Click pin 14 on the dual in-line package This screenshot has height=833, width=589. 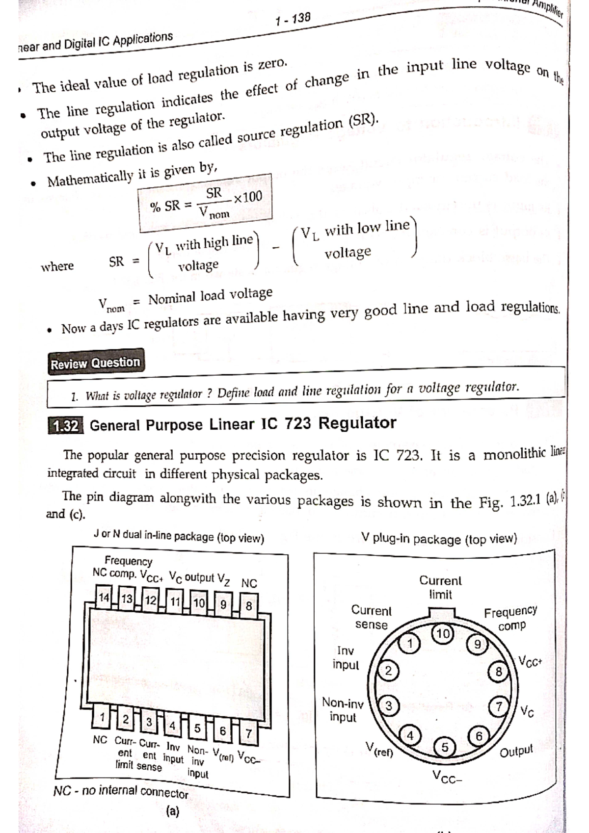[x=105, y=598]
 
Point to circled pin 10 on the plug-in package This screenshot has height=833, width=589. [x=443, y=633]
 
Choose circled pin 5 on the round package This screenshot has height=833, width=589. [x=445, y=747]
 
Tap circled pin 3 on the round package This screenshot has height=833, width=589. [x=389, y=706]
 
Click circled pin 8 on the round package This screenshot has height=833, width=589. [x=499, y=672]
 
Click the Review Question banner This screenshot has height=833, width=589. [x=96, y=364]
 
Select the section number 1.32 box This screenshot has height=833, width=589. [x=66, y=426]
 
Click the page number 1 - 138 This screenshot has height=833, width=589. [x=293, y=19]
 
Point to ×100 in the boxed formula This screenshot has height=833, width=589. [x=248, y=197]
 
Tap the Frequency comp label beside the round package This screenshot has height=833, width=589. [x=511, y=619]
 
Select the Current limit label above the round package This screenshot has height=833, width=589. [x=440, y=587]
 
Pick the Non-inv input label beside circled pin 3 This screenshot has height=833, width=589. [x=343, y=709]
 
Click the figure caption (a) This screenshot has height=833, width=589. [x=173, y=811]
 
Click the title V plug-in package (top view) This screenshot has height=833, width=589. [x=439, y=539]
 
